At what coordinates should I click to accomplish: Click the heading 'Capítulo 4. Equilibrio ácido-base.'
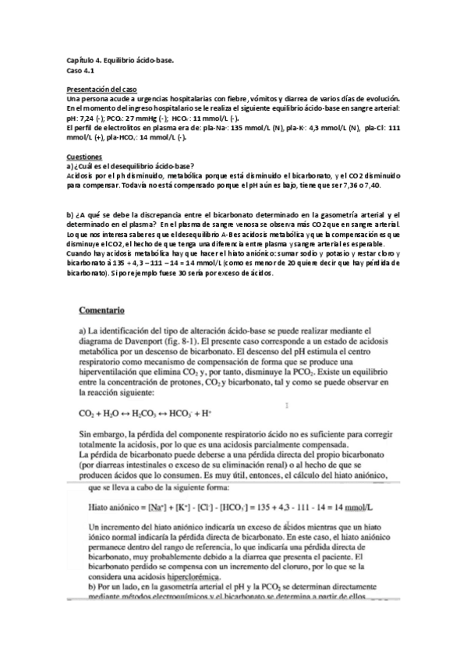point(120,60)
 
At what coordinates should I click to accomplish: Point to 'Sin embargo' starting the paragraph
point(104,433)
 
